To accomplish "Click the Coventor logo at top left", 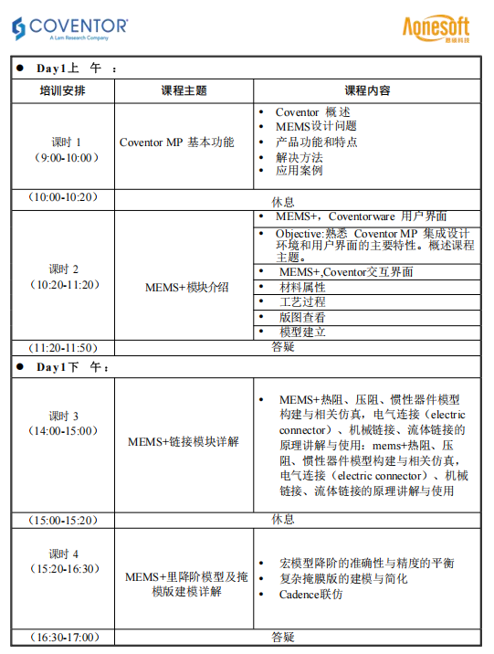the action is point(70,28).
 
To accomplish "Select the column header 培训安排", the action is point(63,90).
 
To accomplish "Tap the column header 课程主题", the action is point(184,90).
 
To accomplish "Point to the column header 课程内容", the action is point(367,90).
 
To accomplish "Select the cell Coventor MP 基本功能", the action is point(176,142).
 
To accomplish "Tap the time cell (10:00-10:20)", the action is point(63,197).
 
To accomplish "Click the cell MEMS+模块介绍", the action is point(187,287).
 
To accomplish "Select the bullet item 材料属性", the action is point(302,287).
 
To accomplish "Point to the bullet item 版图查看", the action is point(302,317).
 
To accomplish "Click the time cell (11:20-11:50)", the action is point(63,347).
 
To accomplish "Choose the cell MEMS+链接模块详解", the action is point(184,441).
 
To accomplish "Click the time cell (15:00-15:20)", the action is point(63,521).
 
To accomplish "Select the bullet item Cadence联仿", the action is point(311,594).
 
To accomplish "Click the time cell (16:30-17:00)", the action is point(63,638).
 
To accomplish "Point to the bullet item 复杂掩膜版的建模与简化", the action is point(343,579).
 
